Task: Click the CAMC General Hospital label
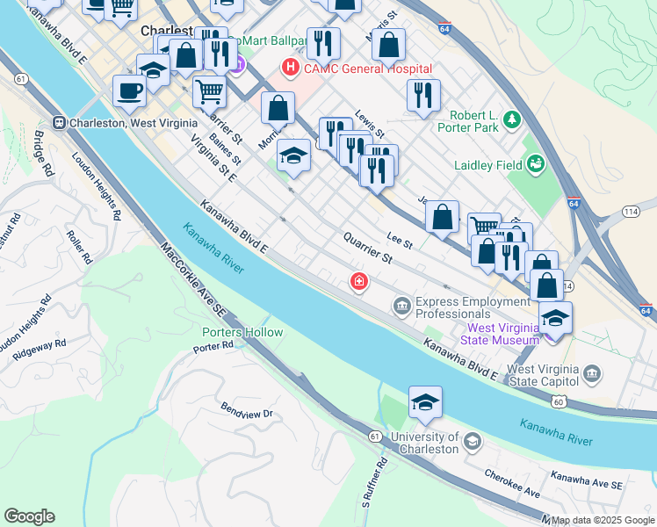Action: coord(367,69)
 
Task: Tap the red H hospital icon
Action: coord(287,67)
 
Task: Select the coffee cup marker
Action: coord(130,90)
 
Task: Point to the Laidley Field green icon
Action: coord(535,162)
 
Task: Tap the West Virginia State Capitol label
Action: coord(543,375)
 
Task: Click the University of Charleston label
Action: coord(425,443)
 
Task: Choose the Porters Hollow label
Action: coord(242,332)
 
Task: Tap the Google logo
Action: coord(29,516)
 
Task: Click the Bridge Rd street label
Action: coord(42,153)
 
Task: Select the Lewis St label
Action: coord(370,124)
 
